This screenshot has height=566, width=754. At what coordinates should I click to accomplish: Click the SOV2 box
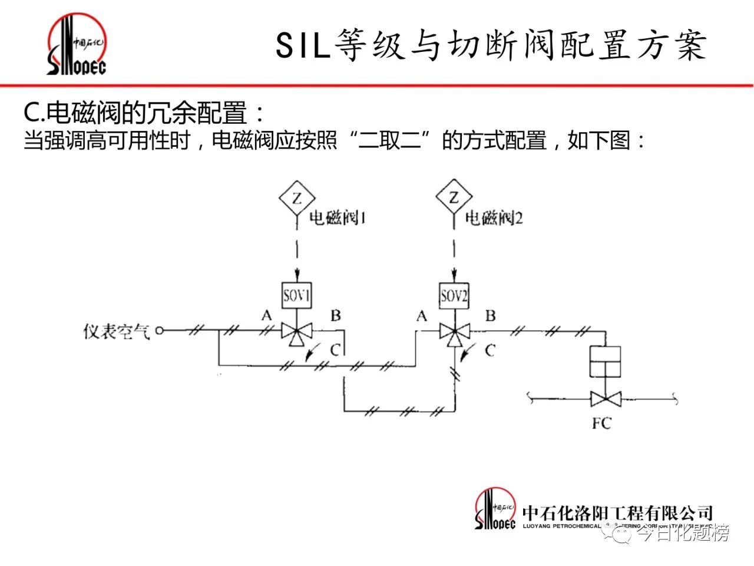point(454,295)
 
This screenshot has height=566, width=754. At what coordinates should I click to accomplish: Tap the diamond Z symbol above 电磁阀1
point(296,198)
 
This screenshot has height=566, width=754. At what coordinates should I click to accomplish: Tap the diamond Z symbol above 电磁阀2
point(454,198)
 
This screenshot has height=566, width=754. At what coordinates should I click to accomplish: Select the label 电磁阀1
point(338,219)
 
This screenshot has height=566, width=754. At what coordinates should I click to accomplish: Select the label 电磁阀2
point(494,219)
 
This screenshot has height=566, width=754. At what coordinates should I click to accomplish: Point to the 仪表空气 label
point(117,332)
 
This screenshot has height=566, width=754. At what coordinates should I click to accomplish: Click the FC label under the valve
point(601,423)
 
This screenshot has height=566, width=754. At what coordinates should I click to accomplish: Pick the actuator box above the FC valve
point(606,360)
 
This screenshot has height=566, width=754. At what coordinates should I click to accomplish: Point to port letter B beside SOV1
point(335,315)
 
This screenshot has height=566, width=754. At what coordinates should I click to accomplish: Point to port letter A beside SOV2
point(422,317)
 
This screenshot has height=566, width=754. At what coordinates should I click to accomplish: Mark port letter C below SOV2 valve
point(490,351)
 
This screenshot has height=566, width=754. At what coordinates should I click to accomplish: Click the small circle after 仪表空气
point(160,331)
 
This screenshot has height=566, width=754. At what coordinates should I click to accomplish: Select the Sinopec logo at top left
point(77,46)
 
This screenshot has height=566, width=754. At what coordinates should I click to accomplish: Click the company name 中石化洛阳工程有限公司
point(617,512)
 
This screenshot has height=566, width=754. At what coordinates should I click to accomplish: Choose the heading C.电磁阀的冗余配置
point(144,113)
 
